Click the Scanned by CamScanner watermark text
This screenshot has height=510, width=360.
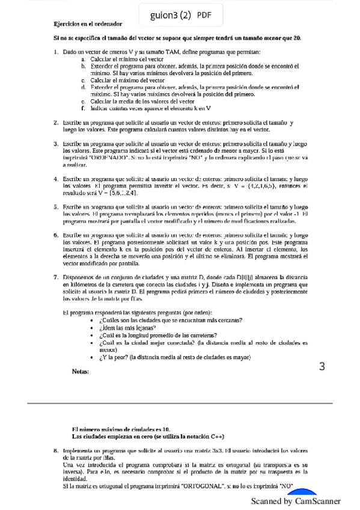(x=296, y=500)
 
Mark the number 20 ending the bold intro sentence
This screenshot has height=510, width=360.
(x=297, y=38)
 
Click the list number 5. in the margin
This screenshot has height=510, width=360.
(x=56, y=206)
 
